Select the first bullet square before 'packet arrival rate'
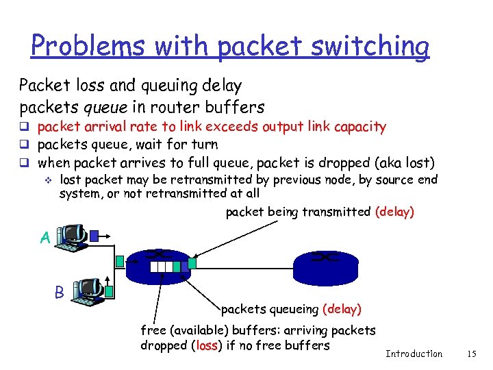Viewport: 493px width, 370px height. tap(24, 127)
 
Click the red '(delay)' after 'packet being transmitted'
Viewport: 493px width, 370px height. tap(394, 212)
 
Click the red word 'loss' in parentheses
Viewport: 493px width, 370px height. tap(206, 345)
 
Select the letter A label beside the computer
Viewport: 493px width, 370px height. tap(45, 238)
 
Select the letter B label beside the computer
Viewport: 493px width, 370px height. tap(60, 291)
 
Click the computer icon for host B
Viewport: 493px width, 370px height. tap(88, 291)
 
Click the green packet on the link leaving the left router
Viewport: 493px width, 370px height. tap(192, 262)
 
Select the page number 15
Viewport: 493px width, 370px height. tap(470, 354)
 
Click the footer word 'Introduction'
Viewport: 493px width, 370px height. tap(414, 354)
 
